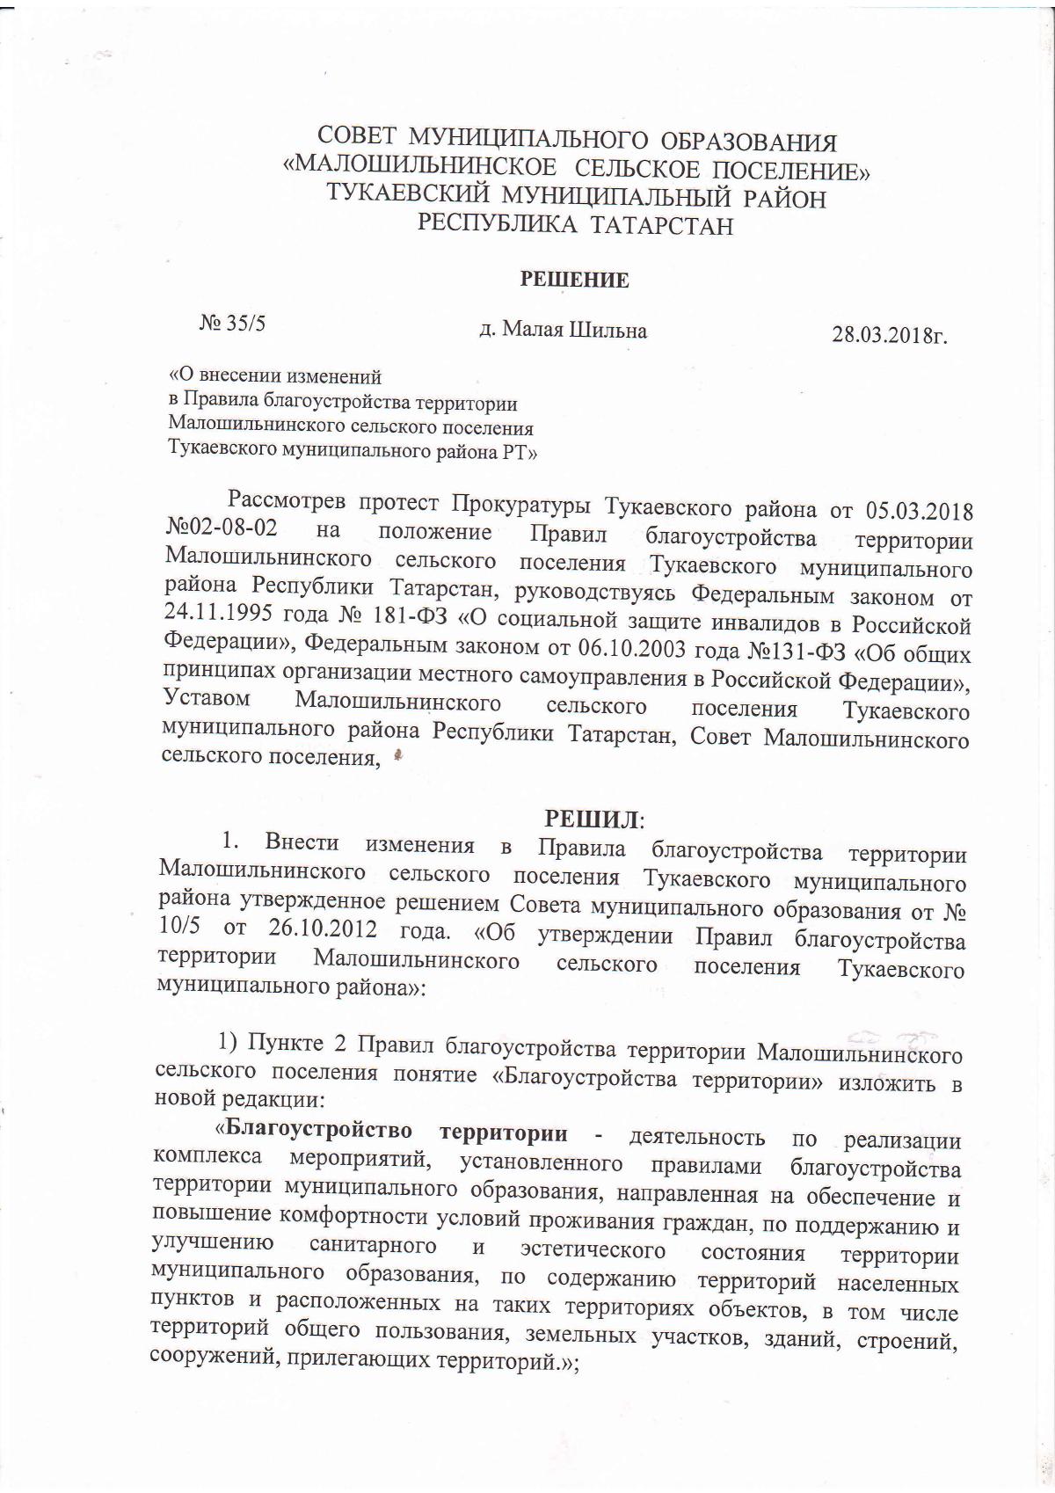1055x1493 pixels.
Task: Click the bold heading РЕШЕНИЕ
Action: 575,280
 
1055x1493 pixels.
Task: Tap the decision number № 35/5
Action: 233,324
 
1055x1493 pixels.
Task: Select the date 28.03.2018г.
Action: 889,335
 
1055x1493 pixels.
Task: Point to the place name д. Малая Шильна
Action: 563,331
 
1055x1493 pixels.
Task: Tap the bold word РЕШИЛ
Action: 593,819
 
